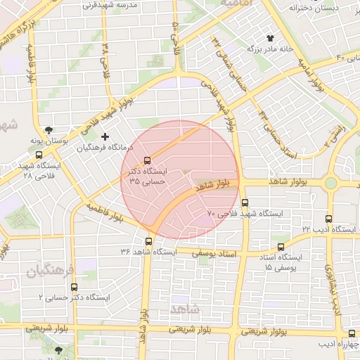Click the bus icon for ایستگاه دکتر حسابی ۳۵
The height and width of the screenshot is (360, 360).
[147, 160]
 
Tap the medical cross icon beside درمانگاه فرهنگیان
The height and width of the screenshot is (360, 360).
[105, 136]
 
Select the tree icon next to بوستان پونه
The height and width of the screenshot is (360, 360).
[49, 130]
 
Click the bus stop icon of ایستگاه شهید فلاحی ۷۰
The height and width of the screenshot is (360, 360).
[245, 202]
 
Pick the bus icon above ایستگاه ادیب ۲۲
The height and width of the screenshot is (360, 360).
[330, 219]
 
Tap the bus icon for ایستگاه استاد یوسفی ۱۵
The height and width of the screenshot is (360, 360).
[281, 247]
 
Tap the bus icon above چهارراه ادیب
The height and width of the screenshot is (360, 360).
[352, 334]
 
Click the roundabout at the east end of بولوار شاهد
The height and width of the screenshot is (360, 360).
[330, 183]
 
